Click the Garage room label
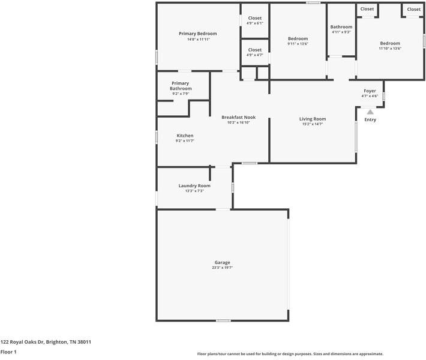point(222,262)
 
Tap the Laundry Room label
point(194,185)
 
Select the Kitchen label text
point(185,136)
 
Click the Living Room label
point(313,119)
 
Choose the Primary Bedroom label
point(198,34)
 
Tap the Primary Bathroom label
point(181,86)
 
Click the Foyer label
point(370,91)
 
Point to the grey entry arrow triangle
point(370,112)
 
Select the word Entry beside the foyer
point(370,119)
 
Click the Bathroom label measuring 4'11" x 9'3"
point(341,27)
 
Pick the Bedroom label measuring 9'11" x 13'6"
point(298,38)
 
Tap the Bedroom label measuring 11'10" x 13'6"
point(389,43)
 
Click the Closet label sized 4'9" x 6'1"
point(254,18)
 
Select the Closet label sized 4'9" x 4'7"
point(254,50)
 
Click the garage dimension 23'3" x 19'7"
point(222,268)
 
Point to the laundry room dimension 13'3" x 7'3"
point(194,191)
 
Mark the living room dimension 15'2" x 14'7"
point(313,124)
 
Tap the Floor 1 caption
point(8,352)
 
